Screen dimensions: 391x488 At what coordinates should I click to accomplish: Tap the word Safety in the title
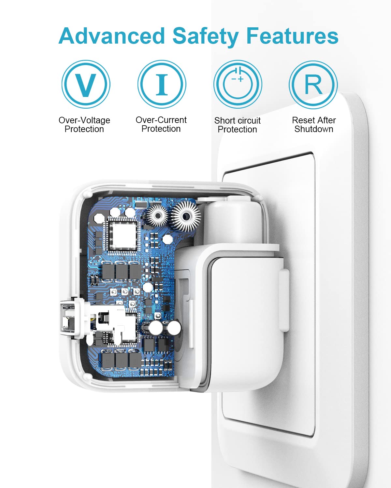pyautogui.click(x=206, y=37)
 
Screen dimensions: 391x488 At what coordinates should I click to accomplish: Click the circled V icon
pyautogui.click(x=86, y=84)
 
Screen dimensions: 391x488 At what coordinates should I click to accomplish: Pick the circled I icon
pyautogui.click(x=162, y=84)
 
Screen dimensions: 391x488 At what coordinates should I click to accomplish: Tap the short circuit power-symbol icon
pyautogui.click(x=238, y=84)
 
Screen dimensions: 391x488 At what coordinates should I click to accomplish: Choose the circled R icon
pyautogui.click(x=313, y=85)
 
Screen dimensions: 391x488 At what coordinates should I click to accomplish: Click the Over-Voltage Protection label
pyautogui.click(x=84, y=125)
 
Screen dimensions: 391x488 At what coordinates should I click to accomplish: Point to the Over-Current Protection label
pyautogui.click(x=161, y=124)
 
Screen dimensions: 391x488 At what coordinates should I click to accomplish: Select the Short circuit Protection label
pyautogui.click(x=238, y=125)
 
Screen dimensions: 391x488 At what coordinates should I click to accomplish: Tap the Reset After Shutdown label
pyautogui.click(x=314, y=125)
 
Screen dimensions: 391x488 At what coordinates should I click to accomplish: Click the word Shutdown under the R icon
pyautogui.click(x=314, y=129)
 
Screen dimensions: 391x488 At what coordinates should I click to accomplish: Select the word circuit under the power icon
pyautogui.click(x=248, y=120)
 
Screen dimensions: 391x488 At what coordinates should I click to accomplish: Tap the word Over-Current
pyautogui.click(x=161, y=120)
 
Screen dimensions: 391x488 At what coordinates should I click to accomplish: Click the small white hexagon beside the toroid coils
pyautogui.click(x=168, y=239)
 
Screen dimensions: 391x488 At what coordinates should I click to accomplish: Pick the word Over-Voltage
pyautogui.click(x=84, y=120)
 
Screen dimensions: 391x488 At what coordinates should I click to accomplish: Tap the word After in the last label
pyautogui.click(x=325, y=120)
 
